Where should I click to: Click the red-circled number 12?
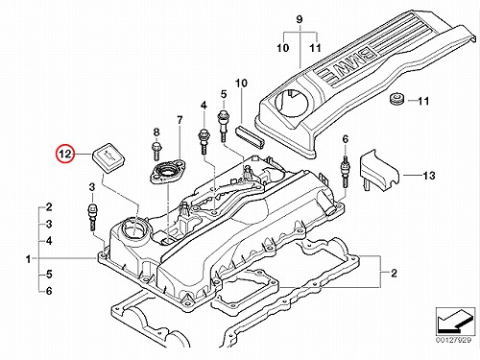[65, 154]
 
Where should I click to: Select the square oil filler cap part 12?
[108, 157]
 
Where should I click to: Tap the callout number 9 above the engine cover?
[300, 19]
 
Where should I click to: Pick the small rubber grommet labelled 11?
[397, 99]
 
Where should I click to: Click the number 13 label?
[428, 176]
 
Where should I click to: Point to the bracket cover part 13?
[381, 169]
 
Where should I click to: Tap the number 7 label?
[180, 120]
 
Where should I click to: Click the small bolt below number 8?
[156, 152]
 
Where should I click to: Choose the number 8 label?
[156, 132]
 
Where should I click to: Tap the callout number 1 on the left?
[29, 259]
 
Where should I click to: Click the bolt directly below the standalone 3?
[92, 216]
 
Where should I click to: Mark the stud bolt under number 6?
[346, 172]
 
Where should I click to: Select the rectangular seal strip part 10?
[250, 136]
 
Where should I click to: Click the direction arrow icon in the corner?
[454, 322]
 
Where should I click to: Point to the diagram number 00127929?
[454, 339]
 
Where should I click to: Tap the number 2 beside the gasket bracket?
[394, 273]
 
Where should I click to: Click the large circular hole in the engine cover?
[292, 103]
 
